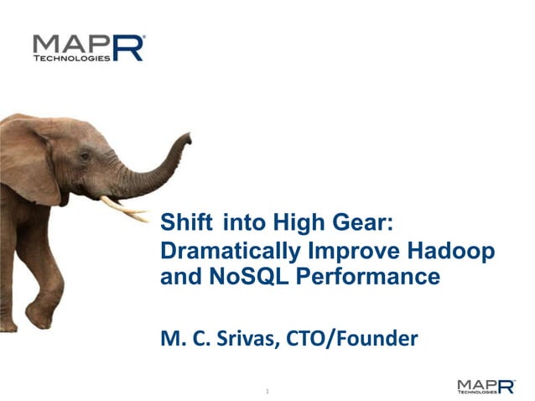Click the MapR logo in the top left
(x=87, y=48)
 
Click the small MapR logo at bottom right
(x=486, y=385)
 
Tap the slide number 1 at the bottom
(x=267, y=391)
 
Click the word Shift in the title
(x=187, y=222)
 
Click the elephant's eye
(x=85, y=156)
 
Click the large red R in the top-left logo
(x=131, y=48)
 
